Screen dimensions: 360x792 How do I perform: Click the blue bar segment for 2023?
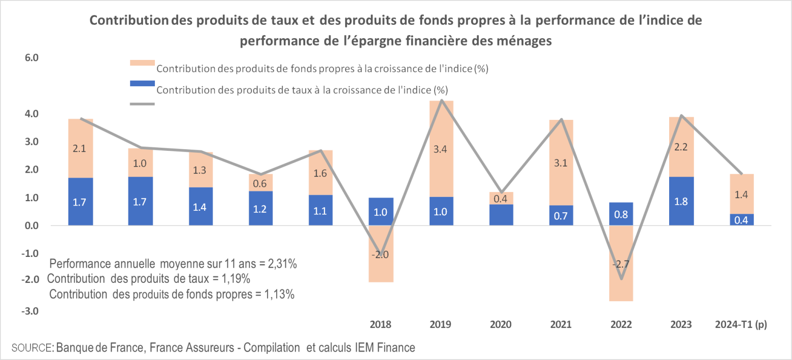click(681, 201)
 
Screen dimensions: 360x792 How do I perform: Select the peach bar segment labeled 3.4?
click(441, 149)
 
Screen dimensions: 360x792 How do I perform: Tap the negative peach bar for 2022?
click(621, 264)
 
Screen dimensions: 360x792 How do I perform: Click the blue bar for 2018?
click(380, 211)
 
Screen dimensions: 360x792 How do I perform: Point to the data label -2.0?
click(380, 255)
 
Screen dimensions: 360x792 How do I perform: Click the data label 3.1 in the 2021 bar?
click(561, 163)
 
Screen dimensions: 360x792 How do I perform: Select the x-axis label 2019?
click(441, 324)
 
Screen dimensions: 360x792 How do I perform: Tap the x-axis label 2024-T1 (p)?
click(741, 324)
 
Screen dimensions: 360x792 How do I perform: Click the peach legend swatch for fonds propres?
click(142, 63)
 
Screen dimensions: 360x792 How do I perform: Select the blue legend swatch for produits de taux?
click(142, 83)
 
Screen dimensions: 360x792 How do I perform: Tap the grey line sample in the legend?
click(142, 104)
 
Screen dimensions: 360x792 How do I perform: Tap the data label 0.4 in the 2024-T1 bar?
click(741, 220)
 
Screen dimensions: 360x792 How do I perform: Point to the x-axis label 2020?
click(501, 324)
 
